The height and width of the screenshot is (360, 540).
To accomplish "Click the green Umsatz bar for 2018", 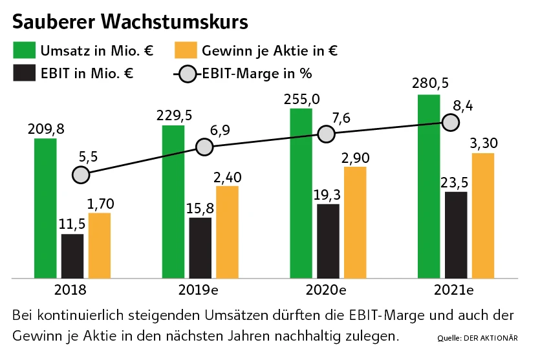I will pyautogui.click(x=45, y=208).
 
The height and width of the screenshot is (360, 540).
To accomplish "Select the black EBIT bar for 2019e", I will pyautogui.click(x=200, y=248).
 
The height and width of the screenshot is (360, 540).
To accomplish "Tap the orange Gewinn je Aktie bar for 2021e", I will pyautogui.click(x=483, y=215).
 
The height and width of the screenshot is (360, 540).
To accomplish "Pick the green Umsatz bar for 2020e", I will pyautogui.click(x=301, y=193).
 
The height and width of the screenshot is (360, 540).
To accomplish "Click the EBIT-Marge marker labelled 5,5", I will pyautogui.click(x=81, y=175).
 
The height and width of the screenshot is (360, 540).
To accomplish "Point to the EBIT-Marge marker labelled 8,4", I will pyautogui.click(x=450, y=122).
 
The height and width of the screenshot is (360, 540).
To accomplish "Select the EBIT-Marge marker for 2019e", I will pyautogui.click(x=204, y=147).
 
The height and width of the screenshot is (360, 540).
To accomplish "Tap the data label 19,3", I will pyautogui.click(x=327, y=193).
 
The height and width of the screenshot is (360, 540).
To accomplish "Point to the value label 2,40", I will pyautogui.click(x=228, y=175).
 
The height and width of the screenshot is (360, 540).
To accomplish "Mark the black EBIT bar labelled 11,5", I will pyautogui.click(x=72, y=256).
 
